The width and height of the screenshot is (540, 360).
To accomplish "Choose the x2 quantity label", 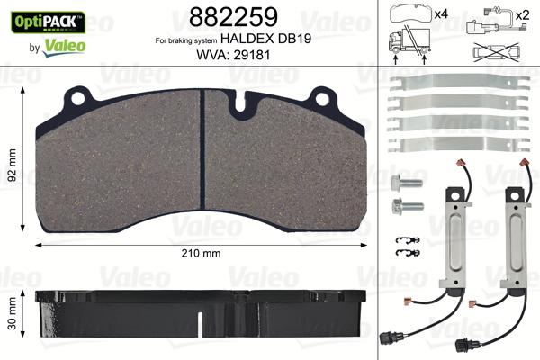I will [519, 15].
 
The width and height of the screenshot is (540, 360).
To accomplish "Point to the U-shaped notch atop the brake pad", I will [243, 106].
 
